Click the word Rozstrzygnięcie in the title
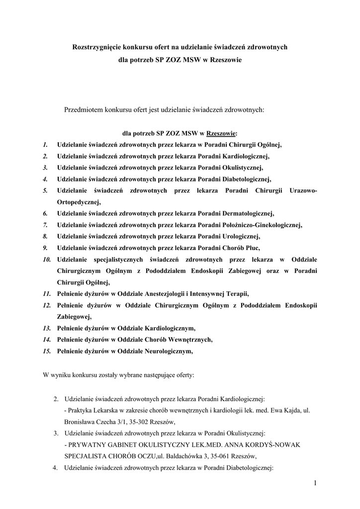pos(97,47)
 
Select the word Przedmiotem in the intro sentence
pos(83,109)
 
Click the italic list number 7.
pos(45,225)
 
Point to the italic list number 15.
pos(47,351)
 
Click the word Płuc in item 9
pos(251,248)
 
